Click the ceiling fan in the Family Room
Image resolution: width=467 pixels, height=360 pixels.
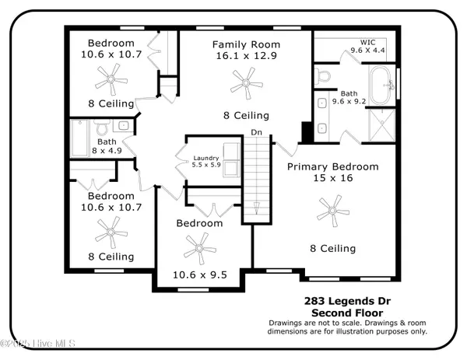click(246, 83)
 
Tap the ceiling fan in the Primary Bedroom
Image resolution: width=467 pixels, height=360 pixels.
click(332, 211)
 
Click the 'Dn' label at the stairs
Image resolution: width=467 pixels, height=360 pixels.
click(256, 132)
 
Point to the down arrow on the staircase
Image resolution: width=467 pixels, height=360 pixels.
click(256, 208)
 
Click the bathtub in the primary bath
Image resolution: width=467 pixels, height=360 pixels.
click(381, 85)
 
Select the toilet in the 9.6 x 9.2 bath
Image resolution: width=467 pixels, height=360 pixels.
click(323, 76)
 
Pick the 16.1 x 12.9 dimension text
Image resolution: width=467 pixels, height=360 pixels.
click(246, 56)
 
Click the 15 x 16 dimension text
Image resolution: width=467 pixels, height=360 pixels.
click(333, 178)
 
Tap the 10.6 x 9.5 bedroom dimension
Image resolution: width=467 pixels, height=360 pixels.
click(200, 274)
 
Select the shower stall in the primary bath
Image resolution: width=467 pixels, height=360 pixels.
click(382, 125)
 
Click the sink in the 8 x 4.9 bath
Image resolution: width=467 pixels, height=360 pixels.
click(123, 125)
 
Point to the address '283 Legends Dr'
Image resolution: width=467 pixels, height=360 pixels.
click(347, 301)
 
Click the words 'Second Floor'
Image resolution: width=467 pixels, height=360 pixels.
click(347, 313)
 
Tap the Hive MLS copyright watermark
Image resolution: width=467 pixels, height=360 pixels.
click(37, 344)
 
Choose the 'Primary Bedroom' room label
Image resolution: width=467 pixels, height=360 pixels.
click(333, 166)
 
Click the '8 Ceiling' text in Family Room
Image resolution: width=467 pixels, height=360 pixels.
click(246, 115)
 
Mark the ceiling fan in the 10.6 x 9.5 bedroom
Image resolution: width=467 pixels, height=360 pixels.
click(199, 249)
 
